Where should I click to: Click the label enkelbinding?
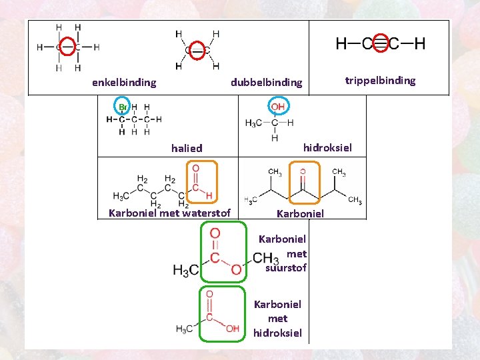point(124,83)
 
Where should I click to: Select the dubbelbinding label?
point(266,83)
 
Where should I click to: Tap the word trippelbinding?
point(380,81)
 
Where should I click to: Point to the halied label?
point(187,148)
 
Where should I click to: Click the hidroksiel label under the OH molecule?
point(327,147)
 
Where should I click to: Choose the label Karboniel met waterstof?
point(169,213)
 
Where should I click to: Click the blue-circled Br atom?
point(122,107)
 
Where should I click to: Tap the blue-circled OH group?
point(277,107)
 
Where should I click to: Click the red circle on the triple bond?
point(380,44)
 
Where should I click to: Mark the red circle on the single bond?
point(67,47)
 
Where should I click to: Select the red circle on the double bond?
point(197,50)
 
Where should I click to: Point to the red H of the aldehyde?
point(209,195)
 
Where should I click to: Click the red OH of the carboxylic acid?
point(233,329)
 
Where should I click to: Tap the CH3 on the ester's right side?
point(265,258)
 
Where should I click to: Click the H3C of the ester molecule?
point(185,270)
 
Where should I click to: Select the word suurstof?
point(286,268)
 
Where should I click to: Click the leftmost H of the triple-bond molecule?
point(341,44)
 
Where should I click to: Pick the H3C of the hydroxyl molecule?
point(253,123)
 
